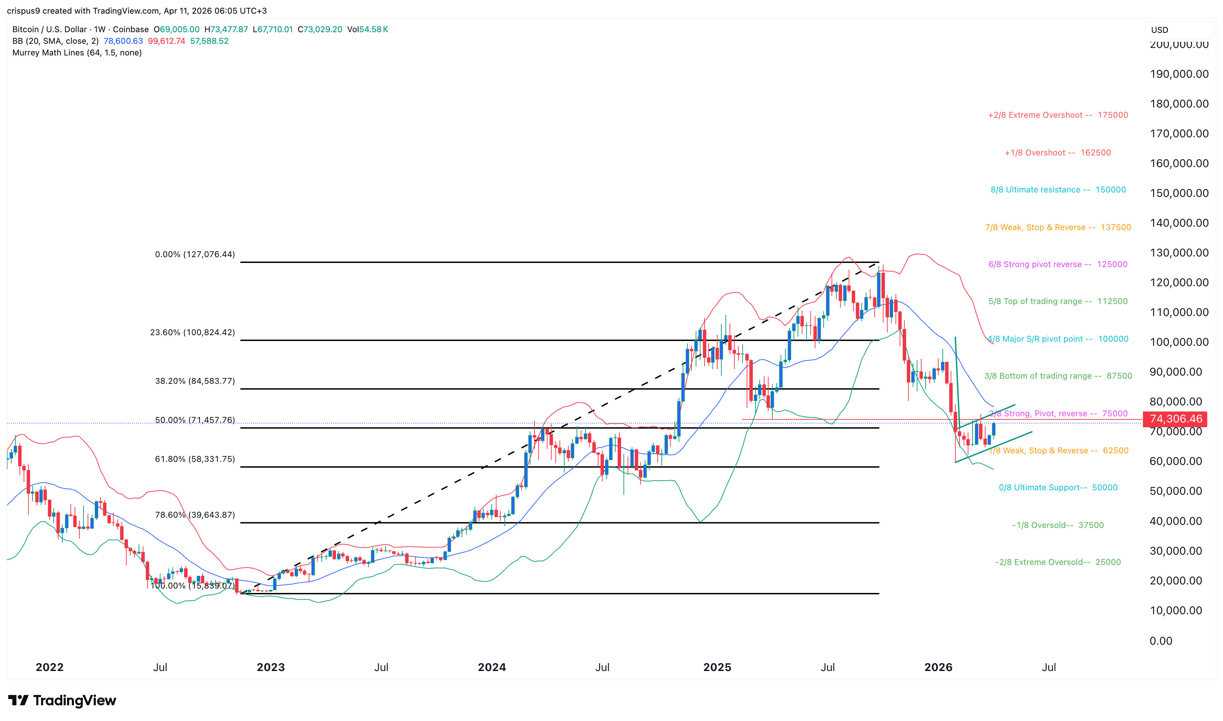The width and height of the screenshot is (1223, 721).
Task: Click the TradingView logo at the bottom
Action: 62,700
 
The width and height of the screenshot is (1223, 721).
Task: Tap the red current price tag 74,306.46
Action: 1175,419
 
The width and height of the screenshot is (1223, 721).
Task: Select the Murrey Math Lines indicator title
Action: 77,52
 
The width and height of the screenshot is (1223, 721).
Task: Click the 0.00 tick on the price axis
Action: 1161,641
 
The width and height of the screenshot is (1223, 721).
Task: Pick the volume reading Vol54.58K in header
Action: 368,29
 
